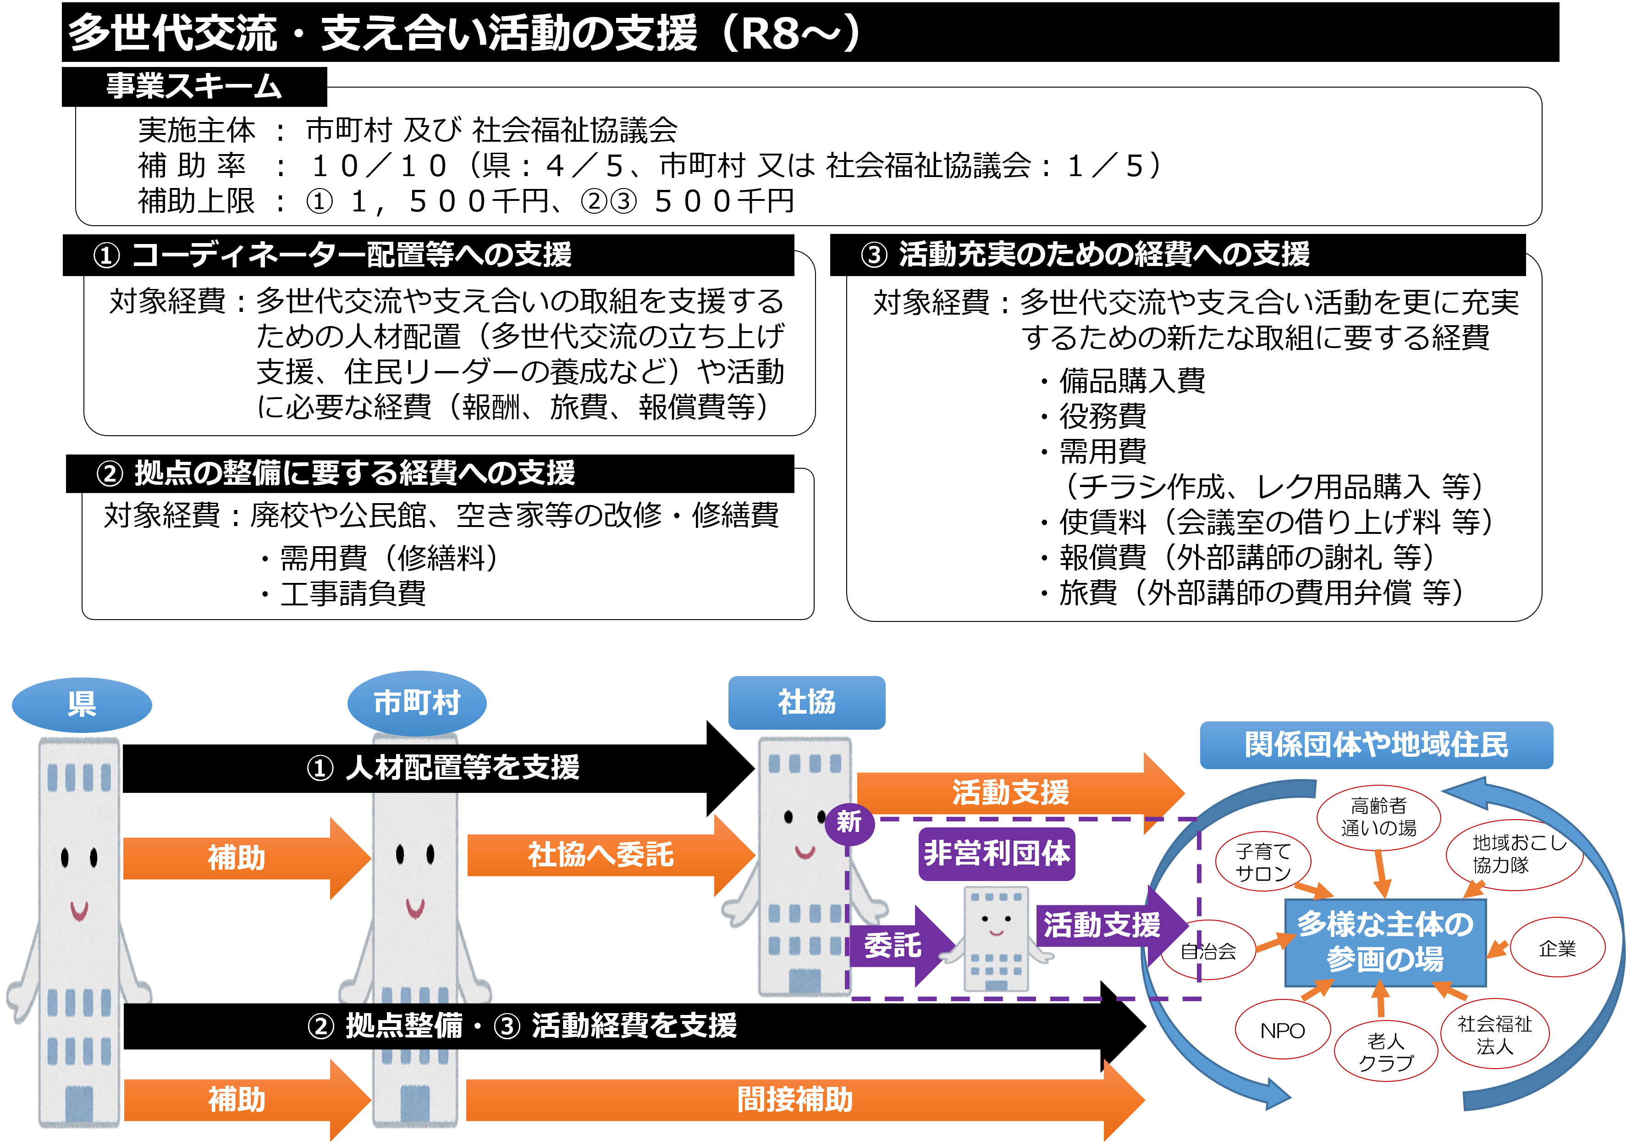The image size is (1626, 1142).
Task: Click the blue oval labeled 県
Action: [82, 704]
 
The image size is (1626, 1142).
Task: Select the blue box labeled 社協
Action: [807, 702]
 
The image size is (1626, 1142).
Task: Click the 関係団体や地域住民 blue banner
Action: [1376, 744]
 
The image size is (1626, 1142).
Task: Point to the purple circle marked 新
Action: [849, 822]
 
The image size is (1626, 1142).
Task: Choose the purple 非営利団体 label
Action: [997, 854]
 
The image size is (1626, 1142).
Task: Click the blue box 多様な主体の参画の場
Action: [1385, 942]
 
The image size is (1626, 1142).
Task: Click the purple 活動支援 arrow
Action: [1105, 925]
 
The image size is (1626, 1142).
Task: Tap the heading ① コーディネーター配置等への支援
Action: [332, 255]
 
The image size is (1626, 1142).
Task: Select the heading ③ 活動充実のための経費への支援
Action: [1085, 255]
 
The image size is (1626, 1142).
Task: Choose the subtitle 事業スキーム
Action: [194, 86]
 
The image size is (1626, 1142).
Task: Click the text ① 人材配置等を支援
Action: [443, 767]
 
